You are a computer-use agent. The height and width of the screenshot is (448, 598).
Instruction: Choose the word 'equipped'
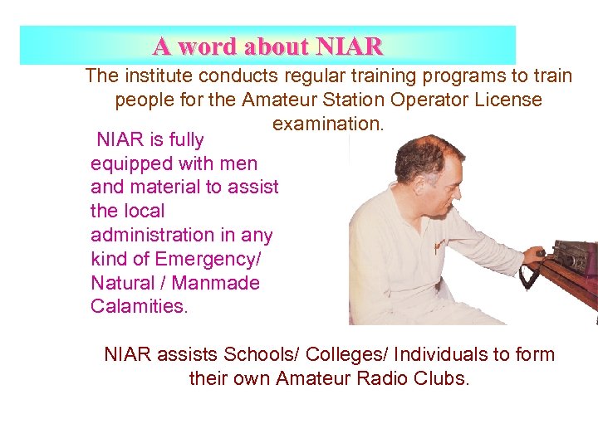point(128,164)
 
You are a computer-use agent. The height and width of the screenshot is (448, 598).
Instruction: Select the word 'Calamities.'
point(140,307)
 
